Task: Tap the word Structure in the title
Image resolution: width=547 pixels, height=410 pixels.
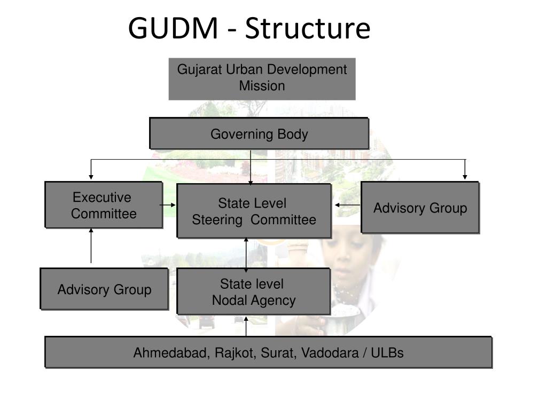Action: coord(307,29)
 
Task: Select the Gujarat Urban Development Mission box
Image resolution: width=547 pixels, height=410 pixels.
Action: coord(262,78)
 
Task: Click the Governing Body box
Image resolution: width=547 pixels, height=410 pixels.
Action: coord(259,133)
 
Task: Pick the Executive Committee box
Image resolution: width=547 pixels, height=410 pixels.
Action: coord(104,205)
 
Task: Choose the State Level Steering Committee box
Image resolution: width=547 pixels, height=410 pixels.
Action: coord(254,211)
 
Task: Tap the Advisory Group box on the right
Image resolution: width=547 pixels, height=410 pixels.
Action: coord(420,208)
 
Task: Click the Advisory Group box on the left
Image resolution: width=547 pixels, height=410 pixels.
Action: coord(104,289)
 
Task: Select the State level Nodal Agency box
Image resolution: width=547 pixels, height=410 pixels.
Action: coord(253,291)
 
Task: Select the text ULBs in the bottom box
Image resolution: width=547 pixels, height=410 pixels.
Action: coord(387,353)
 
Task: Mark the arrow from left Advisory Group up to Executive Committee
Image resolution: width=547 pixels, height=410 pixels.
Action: coord(91,246)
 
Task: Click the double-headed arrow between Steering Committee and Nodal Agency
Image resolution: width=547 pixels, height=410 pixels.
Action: coord(246,253)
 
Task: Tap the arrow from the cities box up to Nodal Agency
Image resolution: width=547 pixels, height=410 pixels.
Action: coord(246,326)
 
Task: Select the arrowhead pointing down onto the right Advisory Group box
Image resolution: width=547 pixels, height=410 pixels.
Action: coord(465,177)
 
